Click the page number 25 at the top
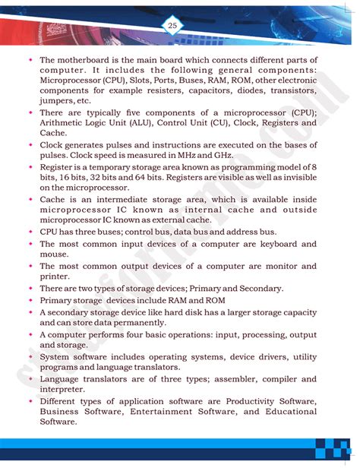[x=172, y=26]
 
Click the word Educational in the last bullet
[x=287, y=411]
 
